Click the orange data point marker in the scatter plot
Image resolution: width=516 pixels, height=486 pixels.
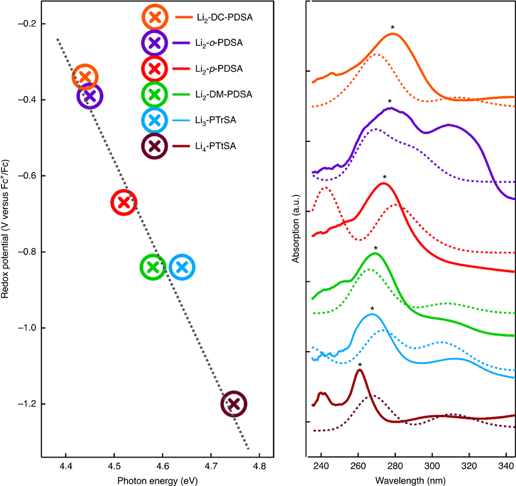click(x=84, y=77)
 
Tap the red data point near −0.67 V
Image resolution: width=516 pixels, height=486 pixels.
click(x=124, y=202)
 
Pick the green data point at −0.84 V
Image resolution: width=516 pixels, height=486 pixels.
click(x=153, y=267)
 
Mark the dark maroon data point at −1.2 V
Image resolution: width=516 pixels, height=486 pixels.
click(x=233, y=403)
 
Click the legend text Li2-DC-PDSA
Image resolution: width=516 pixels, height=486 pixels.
click(x=225, y=17)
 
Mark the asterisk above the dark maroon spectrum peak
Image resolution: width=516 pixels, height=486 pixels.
click(x=360, y=365)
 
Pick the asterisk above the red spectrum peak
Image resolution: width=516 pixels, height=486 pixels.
click(x=384, y=177)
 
